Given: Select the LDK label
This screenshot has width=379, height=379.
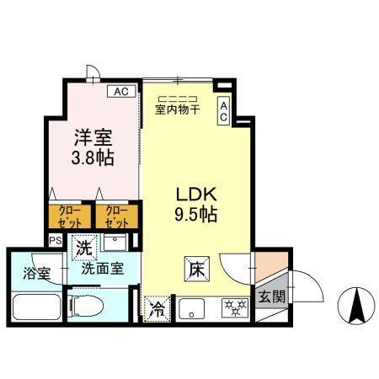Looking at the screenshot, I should pos(195,191).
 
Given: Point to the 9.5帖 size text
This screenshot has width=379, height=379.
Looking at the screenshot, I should pos(195,214).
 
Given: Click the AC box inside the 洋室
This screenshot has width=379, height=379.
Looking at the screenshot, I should pos(120,91).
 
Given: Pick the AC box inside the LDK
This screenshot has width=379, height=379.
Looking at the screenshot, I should pos(224,112).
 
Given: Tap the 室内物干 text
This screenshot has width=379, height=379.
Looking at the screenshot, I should pos(176,107).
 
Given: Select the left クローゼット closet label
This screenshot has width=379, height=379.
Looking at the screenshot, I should pos(65,216).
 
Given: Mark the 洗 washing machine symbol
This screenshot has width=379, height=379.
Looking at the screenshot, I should pos(83,248).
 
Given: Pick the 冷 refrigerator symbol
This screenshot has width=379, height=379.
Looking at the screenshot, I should pos(156,309).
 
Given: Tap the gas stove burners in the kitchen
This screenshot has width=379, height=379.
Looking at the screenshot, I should pos(232,309).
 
